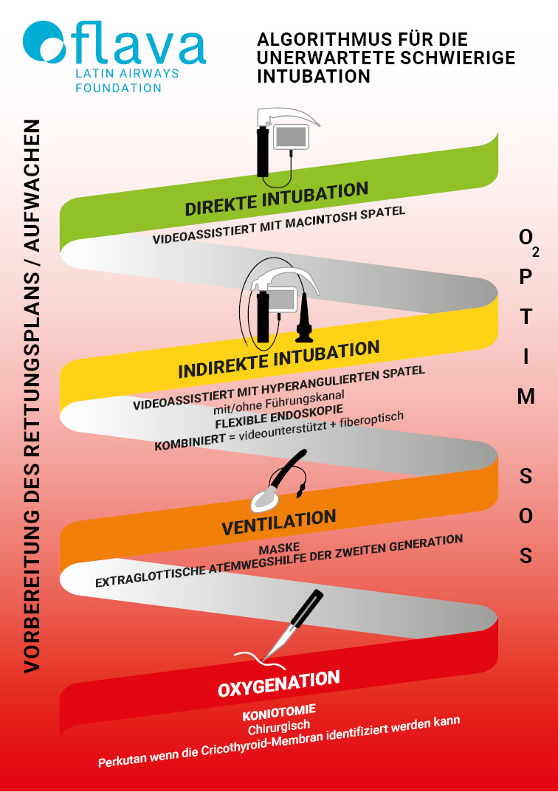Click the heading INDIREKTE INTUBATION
279,359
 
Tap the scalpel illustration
292,623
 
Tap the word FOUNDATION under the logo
119,88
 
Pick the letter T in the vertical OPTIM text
526,317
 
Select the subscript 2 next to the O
535,252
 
